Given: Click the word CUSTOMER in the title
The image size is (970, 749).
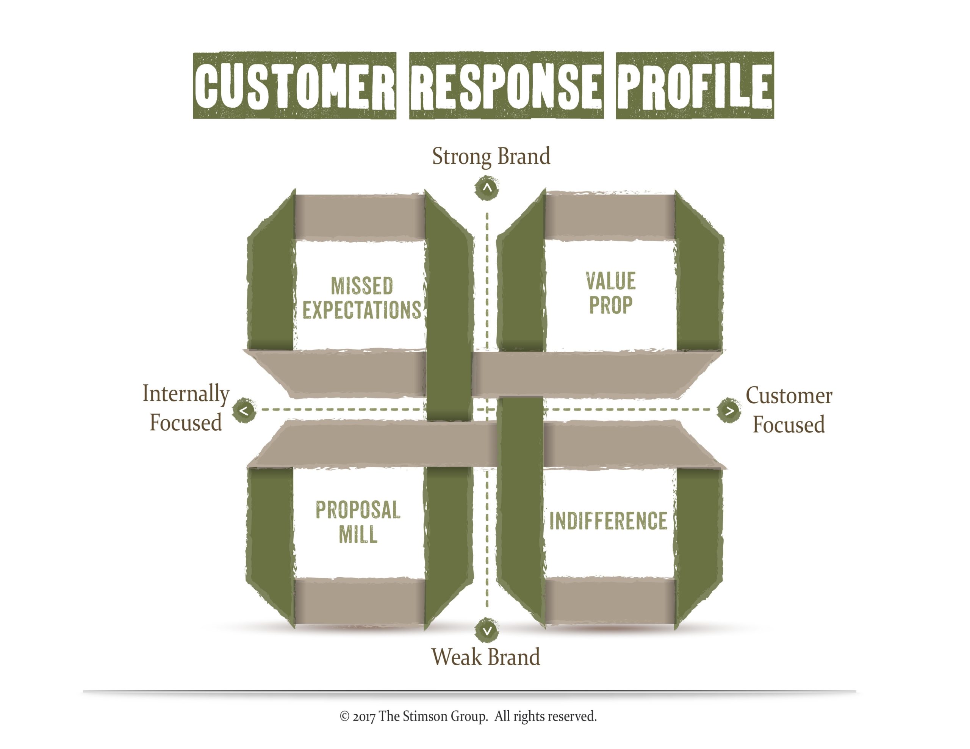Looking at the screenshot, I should [x=294, y=86].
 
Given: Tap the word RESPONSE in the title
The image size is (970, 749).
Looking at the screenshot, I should [x=506, y=86].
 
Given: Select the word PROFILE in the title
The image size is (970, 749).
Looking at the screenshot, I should [x=694, y=86].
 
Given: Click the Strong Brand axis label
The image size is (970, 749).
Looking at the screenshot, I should [x=491, y=157].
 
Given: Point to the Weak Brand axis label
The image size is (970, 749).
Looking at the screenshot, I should [x=485, y=657].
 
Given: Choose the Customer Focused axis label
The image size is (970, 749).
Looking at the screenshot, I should [x=789, y=410].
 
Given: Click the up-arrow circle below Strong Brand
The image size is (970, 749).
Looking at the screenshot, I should [x=487, y=188].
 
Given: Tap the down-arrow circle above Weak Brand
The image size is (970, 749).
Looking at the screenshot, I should [x=487, y=630].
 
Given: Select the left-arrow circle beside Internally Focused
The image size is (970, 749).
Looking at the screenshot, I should [x=244, y=411].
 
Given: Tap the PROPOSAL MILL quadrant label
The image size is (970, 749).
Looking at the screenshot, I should [x=358, y=522].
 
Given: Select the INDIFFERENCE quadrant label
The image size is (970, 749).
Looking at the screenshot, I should [x=609, y=521].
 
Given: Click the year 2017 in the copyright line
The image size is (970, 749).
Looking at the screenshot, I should [x=364, y=716].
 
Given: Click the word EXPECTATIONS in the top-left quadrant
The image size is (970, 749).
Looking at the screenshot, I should [x=362, y=310].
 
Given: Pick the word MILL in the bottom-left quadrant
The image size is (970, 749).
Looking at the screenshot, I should [x=358, y=534].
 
